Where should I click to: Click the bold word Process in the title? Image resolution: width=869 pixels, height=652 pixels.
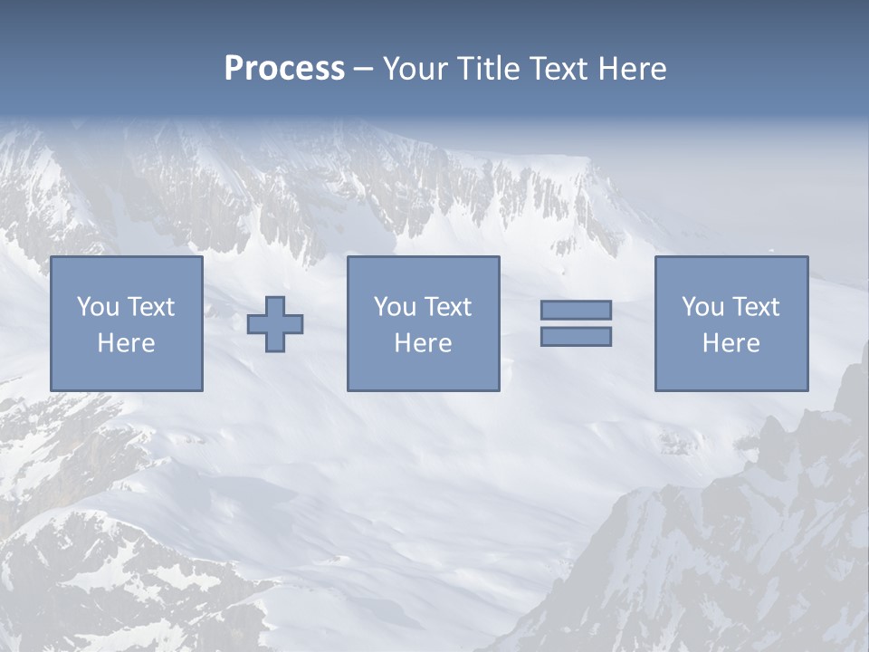point(284,69)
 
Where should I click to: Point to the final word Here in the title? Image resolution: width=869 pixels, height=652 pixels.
point(632,69)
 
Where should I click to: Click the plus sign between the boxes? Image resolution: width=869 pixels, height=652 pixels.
point(276,324)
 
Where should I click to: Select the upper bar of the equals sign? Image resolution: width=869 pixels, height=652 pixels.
point(576,310)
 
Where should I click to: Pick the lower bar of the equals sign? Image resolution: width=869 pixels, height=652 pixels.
point(576,337)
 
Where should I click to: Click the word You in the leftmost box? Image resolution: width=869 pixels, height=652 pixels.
point(98,307)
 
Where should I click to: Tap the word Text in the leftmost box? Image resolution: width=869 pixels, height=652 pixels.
point(150,307)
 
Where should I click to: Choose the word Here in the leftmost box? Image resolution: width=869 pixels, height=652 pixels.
point(126,343)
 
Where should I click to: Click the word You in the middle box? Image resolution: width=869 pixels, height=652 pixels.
point(395,307)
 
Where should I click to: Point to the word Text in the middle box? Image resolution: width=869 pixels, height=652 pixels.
point(447,307)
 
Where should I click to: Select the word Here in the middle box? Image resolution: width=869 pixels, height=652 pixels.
point(423,343)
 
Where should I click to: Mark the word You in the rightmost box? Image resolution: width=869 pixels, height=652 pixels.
point(702,307)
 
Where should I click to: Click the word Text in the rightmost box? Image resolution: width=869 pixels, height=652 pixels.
point(755,307)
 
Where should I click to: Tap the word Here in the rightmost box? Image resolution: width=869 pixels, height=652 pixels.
point(731,343)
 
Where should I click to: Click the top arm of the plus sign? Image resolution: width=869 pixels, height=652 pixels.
point(276,305)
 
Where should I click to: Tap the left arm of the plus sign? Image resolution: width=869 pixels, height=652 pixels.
point(257,324)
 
